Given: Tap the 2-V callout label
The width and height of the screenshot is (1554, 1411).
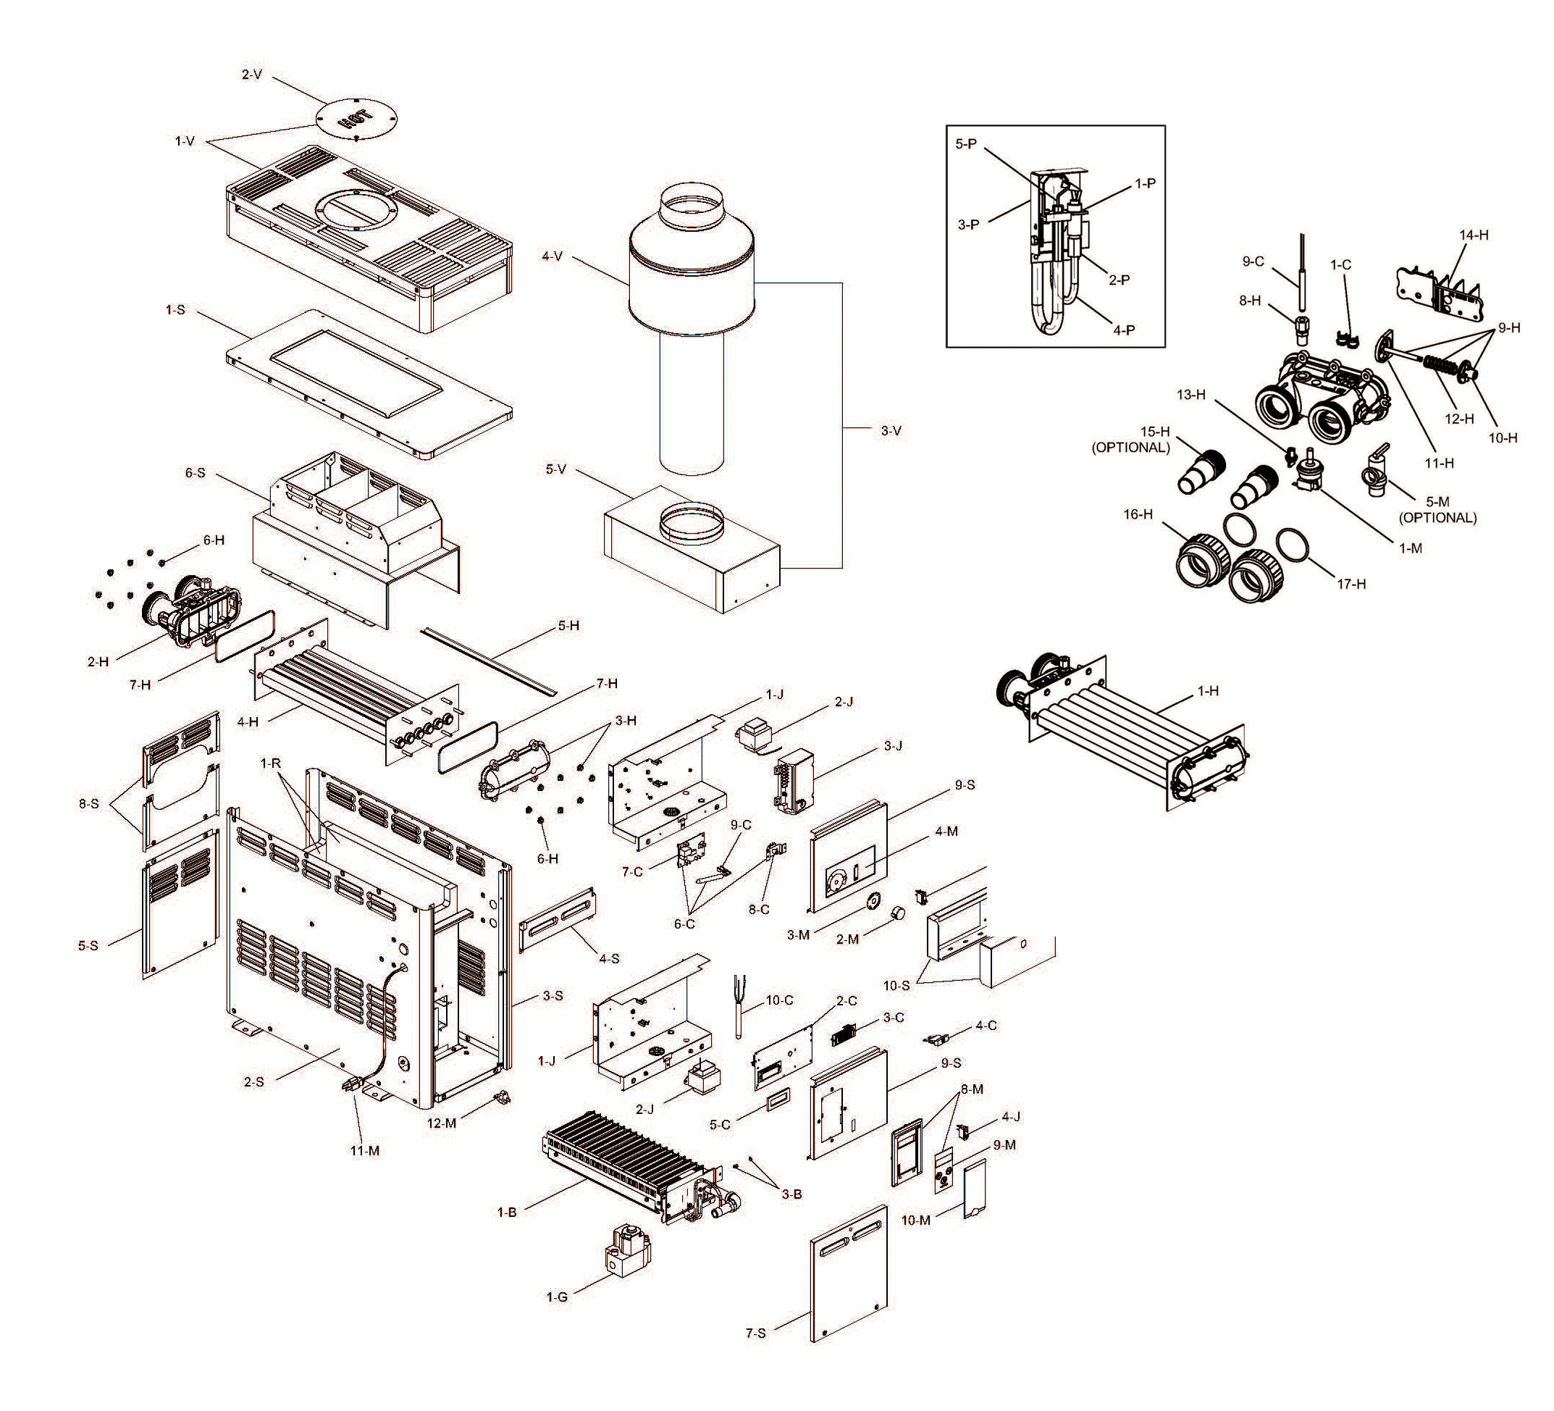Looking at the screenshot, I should [252, 75].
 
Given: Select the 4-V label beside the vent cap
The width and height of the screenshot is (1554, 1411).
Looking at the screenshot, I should [553, 255].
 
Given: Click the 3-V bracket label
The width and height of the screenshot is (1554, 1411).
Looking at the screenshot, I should [891, 430].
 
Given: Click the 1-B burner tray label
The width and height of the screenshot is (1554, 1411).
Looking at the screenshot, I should [506, 1212].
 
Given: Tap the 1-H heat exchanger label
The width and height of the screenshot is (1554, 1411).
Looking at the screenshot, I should [1208, 691].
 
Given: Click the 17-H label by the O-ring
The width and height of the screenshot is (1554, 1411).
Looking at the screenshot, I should [1351, 584].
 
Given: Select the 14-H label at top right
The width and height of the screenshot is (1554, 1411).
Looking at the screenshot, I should [1474, 235].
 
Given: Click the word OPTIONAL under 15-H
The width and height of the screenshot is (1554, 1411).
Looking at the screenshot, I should [1131, 447].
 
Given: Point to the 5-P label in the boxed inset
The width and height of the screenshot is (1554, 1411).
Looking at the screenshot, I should [966, 144].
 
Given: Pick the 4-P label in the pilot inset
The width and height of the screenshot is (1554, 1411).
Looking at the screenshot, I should [1125, 330].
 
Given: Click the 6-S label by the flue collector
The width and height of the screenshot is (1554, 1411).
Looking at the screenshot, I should [195, 472].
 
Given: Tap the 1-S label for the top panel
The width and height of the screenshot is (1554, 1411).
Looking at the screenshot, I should [175, 309].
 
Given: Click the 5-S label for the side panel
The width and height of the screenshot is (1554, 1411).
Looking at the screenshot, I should [88, 945].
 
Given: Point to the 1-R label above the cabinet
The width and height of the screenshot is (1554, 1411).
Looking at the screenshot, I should [271, 763].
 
